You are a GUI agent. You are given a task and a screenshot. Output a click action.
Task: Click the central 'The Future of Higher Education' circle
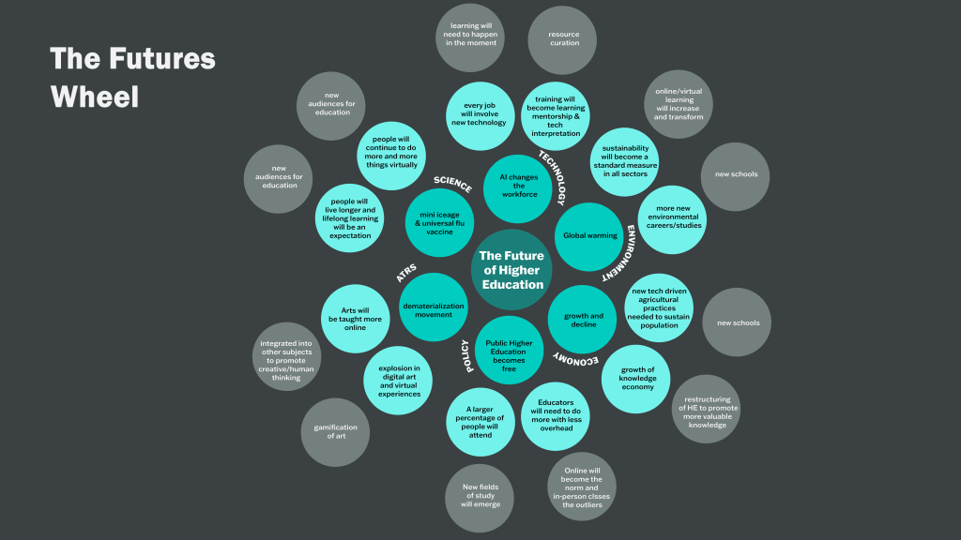(511, 269)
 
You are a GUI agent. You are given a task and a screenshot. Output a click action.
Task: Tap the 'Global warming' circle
(590, 236)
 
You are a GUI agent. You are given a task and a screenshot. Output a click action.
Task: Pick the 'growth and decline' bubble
(583, 320)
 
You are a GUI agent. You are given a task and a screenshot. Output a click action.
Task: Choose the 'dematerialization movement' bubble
(433, 308)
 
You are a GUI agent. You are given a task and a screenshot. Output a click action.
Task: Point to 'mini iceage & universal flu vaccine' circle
(439, 222)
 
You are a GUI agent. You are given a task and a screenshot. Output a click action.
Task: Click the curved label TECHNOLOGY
(553, 177)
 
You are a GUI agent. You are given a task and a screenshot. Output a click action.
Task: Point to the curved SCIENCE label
(452, 183)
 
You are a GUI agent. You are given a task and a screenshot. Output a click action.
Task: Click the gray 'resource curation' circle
(564, 38)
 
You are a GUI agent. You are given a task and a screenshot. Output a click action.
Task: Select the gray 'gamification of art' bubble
(335, 432)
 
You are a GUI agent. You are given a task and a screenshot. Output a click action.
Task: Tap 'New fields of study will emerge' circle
(480, 498)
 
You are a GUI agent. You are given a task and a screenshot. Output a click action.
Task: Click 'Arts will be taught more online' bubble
(355, 319)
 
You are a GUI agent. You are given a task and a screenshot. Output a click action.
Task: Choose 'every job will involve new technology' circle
(479, 116)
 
